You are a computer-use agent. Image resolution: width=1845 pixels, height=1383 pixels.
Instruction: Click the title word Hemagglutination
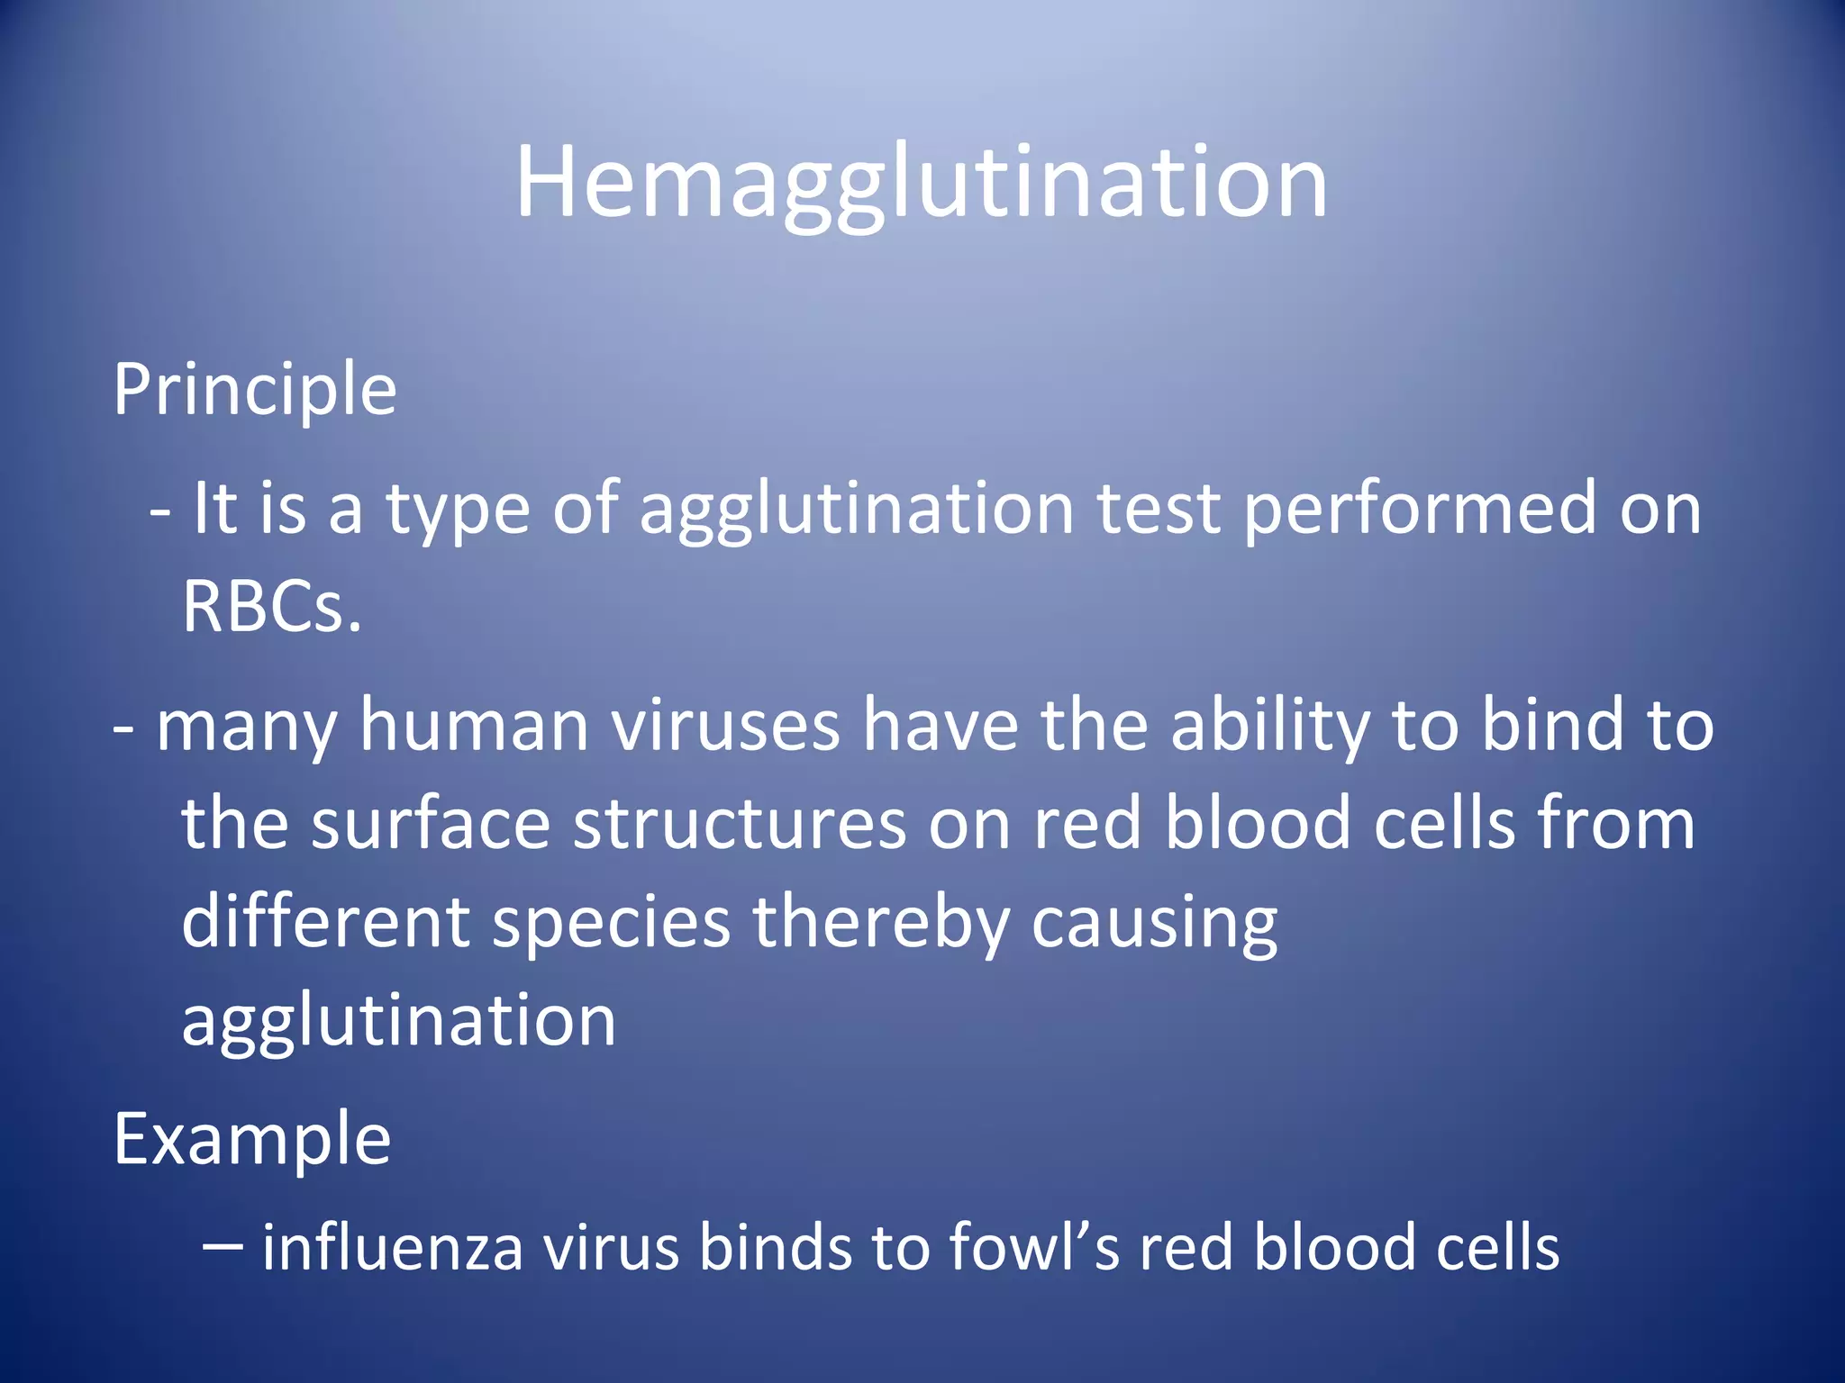point(921,185)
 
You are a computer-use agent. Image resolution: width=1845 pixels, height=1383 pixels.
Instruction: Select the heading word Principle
point(255,390)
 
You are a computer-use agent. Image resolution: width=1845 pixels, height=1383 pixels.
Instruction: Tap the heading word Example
point(252,1140)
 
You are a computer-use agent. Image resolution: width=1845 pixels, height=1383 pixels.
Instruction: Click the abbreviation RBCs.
point(272,606)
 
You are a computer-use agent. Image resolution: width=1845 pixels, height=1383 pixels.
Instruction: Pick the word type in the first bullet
point(459,509)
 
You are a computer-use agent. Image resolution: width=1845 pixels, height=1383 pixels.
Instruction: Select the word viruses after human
point(726,725)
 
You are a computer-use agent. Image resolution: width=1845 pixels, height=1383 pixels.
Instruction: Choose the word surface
point(431,823)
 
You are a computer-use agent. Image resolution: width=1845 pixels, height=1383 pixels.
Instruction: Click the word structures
point(740,823)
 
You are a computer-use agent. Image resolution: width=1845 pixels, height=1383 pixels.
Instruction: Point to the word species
point(612,924)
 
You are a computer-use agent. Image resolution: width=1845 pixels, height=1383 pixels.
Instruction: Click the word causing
point(1154,924)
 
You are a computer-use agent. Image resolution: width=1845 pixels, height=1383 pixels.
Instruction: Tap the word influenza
point(393,1248)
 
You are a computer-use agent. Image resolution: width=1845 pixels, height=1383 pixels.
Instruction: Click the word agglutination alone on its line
point(399,1021)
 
